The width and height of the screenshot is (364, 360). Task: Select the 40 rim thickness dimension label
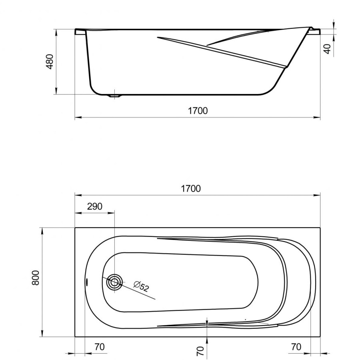[327, 49]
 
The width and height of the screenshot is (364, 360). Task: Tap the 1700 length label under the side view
[198, 111]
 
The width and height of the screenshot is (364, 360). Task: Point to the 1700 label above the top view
[190, 188]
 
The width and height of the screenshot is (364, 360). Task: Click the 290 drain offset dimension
[95, 206]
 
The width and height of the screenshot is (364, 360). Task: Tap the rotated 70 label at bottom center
[200, 351]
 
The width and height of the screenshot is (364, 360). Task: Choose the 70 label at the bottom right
[296, 347]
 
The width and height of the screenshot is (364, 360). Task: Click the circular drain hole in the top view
[114, 282]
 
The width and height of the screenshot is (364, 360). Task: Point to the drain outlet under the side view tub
[115, 96]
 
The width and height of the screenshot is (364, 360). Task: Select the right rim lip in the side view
[315, 30]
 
